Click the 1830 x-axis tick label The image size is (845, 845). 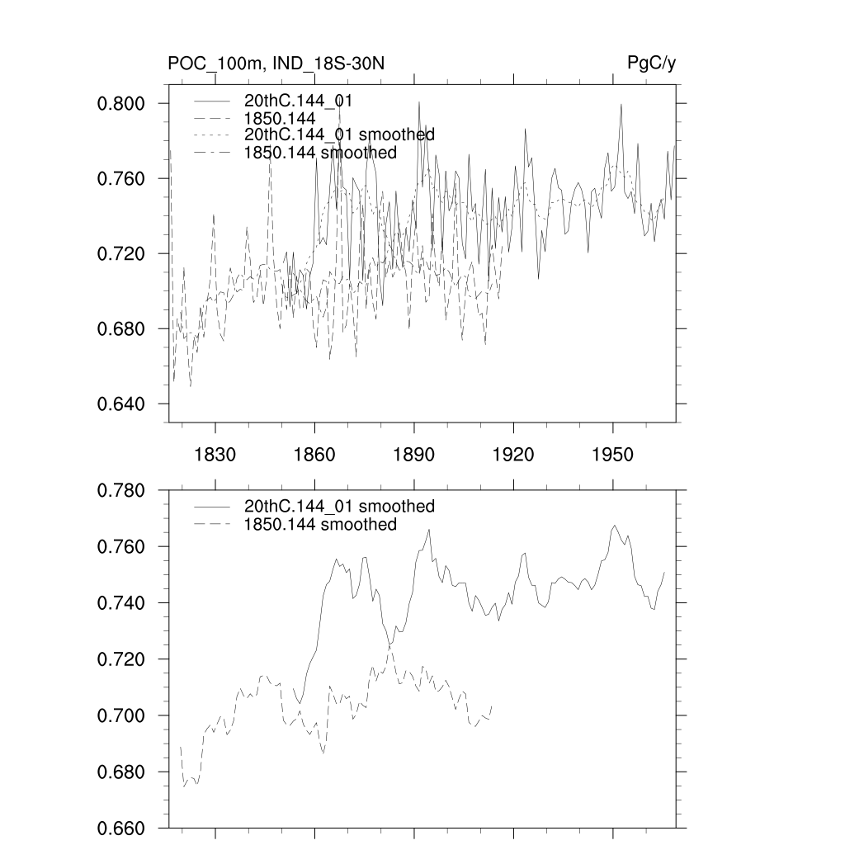pyautogui.click(x=215, y=456)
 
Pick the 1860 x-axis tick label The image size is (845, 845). pyautogui.click(x=314, y=456)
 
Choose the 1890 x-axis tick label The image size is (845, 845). pyautogui.click(x=414, y=456)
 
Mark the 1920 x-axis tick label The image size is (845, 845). pyautogui.click(x=513, y=456)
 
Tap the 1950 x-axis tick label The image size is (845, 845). pyautogui.click(x=613, y=456)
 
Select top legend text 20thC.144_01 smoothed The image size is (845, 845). pyautogui.click(x=339, y=135)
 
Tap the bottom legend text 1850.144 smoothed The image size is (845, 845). pyautogui.click(x=320, y=525)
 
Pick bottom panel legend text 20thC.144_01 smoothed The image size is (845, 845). pyautogui.click(x=339, y=506)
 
